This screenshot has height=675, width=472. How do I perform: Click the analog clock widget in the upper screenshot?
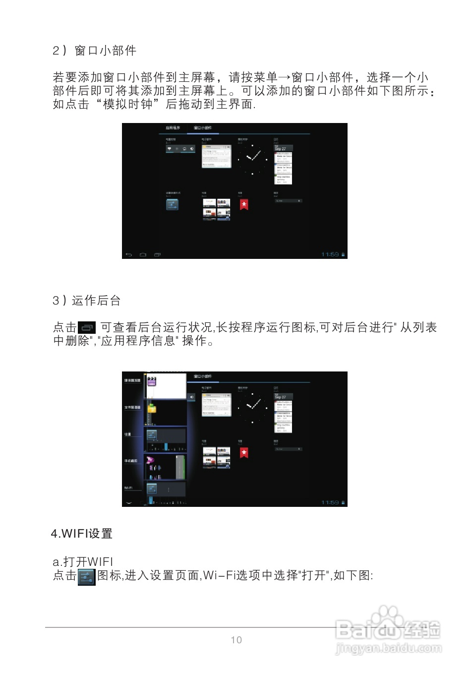coord(252,159)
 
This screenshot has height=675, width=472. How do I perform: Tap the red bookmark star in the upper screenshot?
coord(244,204)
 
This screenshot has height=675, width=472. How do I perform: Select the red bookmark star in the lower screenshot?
coord(244,452)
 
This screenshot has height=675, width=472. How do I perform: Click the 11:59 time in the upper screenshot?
coord(330,254)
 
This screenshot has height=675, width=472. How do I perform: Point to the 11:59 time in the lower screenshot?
coord(330,502)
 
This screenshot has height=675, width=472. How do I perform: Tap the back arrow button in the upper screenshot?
coord(129,254)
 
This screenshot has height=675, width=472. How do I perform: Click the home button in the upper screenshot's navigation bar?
coord(143,254)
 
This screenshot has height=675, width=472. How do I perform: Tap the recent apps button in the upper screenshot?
coord(157,254)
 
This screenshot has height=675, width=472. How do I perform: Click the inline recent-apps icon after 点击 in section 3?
coord(87,327)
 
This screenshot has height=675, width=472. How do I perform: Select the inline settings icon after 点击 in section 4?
coord(86,577)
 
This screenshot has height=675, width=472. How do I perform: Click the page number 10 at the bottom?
coord(236,640)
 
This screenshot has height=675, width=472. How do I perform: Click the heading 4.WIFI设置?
coord(82,534)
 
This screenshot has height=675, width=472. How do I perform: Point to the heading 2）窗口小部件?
coord(95,51)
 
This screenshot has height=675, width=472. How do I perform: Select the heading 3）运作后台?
coord(87,301)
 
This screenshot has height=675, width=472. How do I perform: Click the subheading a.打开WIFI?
coord(83,561)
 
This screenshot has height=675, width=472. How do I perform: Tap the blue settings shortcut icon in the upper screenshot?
coord(172,204)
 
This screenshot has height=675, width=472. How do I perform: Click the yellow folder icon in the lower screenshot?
coord(152,408)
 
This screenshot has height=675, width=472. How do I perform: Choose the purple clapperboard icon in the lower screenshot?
coord(152,381)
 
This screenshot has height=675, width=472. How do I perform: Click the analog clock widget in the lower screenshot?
coord(252,407)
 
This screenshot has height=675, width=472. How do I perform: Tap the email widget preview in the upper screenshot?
coord(217,156)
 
